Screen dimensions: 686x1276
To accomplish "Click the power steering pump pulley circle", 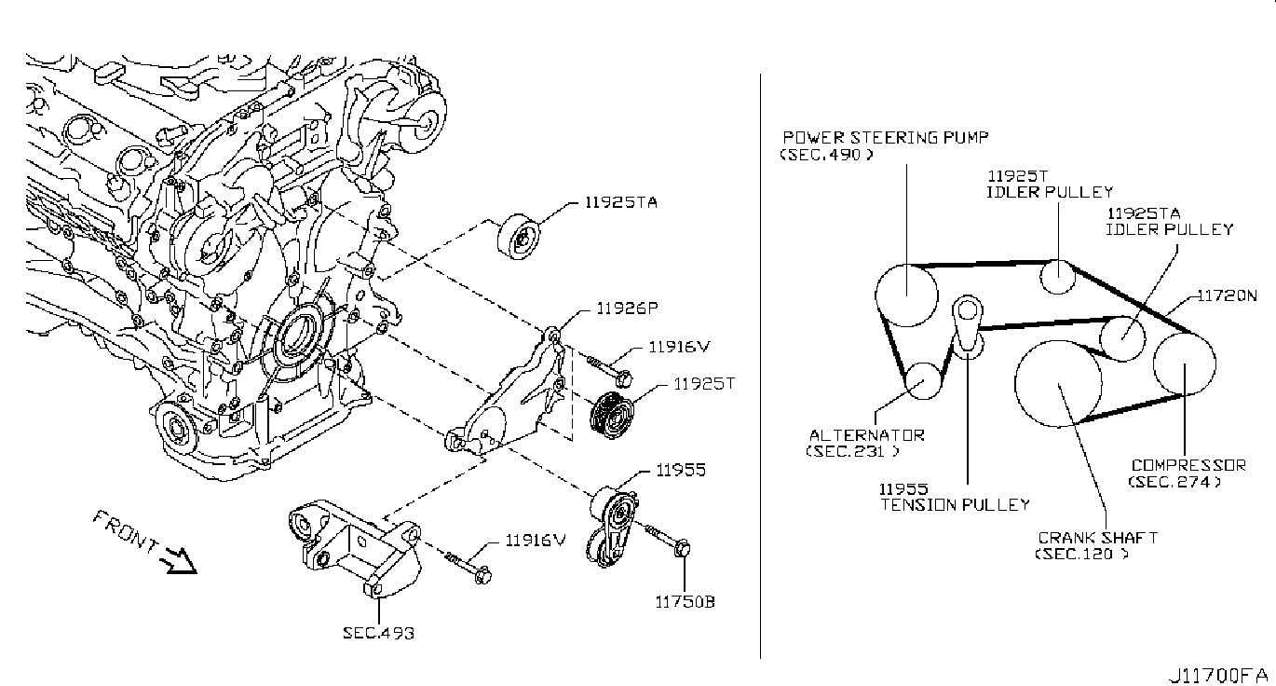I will tap(906, 295).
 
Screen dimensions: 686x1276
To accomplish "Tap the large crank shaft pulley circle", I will tap(1058, 384).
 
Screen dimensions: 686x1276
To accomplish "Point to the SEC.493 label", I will tap(378, 633).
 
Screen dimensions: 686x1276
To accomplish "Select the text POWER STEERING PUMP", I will tap(885, 137).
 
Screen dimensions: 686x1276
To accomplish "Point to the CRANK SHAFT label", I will tap(1097, 538).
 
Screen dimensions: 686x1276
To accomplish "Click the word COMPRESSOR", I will tap(1188, 465).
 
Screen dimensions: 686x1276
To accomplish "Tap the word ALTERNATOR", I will tap(866, 435).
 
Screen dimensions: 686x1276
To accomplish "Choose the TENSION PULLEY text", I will tap(956, 504).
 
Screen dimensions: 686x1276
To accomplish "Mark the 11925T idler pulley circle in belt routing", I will tap(1059, 275).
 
